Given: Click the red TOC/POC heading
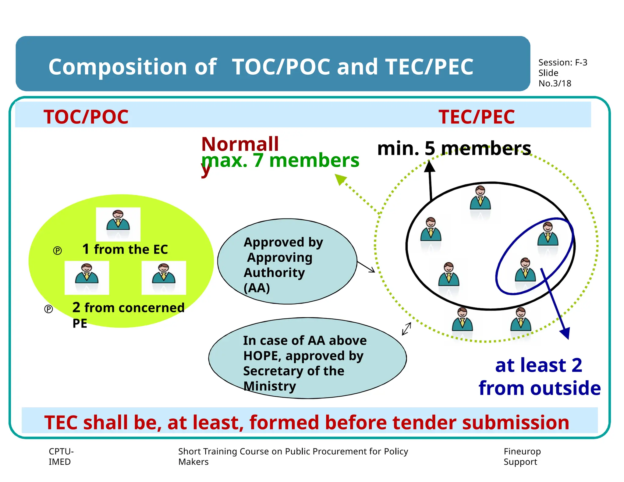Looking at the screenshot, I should coord(86,117).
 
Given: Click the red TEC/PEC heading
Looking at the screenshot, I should coord(477,117).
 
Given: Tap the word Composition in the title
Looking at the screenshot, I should coord(117,67).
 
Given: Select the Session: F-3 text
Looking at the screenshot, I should coord(562,62).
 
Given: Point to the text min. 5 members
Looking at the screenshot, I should coord(454,149).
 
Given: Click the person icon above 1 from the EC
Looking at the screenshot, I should coord(118,221).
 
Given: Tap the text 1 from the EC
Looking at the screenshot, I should coord(125,249).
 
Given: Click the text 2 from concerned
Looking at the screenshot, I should coord(128,308).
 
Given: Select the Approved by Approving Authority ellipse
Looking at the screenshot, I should coord(287,261).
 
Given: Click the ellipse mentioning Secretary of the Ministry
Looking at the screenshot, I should coord(307,358).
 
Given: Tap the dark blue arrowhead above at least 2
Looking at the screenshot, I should coord(565,333).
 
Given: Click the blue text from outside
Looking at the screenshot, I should coord(539,388).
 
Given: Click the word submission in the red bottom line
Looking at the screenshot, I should coord(515,423).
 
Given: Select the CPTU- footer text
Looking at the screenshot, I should coord(61,451).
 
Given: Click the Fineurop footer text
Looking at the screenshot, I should coord(522,451).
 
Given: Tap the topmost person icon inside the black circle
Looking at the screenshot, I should coord(480,198).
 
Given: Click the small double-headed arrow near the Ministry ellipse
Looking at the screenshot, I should coord(406,329).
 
